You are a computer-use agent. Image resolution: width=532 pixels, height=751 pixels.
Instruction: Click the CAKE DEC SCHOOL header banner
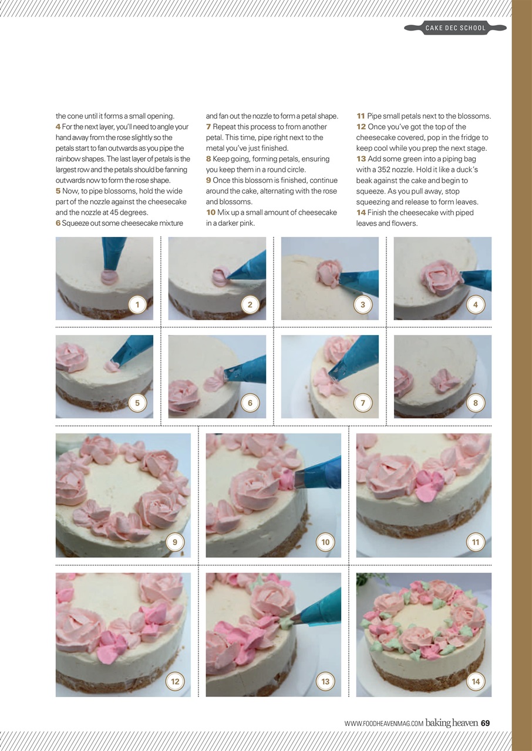tap(456, 28)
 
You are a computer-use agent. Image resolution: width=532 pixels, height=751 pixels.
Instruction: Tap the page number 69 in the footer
tap(485, 723)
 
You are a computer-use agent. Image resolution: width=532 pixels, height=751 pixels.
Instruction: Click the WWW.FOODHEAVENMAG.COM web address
tap(384, 723)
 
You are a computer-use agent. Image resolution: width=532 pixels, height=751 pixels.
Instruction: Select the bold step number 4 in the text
tap(58, 127)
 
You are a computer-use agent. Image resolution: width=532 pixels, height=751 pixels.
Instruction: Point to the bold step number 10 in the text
tap(211, 212)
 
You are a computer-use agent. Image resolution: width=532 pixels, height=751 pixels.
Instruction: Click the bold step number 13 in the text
tap(361, 159)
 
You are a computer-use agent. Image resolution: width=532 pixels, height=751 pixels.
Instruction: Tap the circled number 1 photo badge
tap(137, 305)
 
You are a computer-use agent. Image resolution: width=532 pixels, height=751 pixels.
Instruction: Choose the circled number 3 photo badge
tap(363, 305)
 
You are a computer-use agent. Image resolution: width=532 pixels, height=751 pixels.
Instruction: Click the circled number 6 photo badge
tap(250, 403)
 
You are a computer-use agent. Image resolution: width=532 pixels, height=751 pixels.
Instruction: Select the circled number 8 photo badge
tap(476, 403)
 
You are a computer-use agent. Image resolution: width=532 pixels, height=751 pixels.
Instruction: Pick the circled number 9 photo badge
tap(175, 542)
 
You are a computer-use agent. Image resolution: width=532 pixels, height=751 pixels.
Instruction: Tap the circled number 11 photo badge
tap(476, 542)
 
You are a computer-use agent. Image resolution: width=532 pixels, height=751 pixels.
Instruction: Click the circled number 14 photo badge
tap(476, 681)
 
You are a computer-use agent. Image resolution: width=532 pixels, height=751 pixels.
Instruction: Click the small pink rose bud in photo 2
tap(220, 274)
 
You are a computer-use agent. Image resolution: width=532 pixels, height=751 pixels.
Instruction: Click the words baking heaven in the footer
tap(451, 723)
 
